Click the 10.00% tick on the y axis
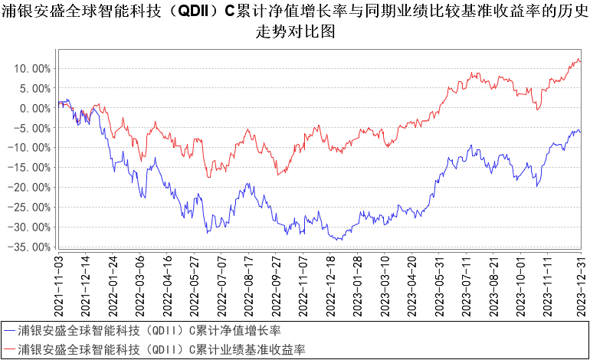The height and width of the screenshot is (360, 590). tap(33, 68)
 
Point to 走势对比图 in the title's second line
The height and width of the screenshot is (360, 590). tap(294, 33)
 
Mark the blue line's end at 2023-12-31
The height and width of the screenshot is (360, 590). tap(580, 132)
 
